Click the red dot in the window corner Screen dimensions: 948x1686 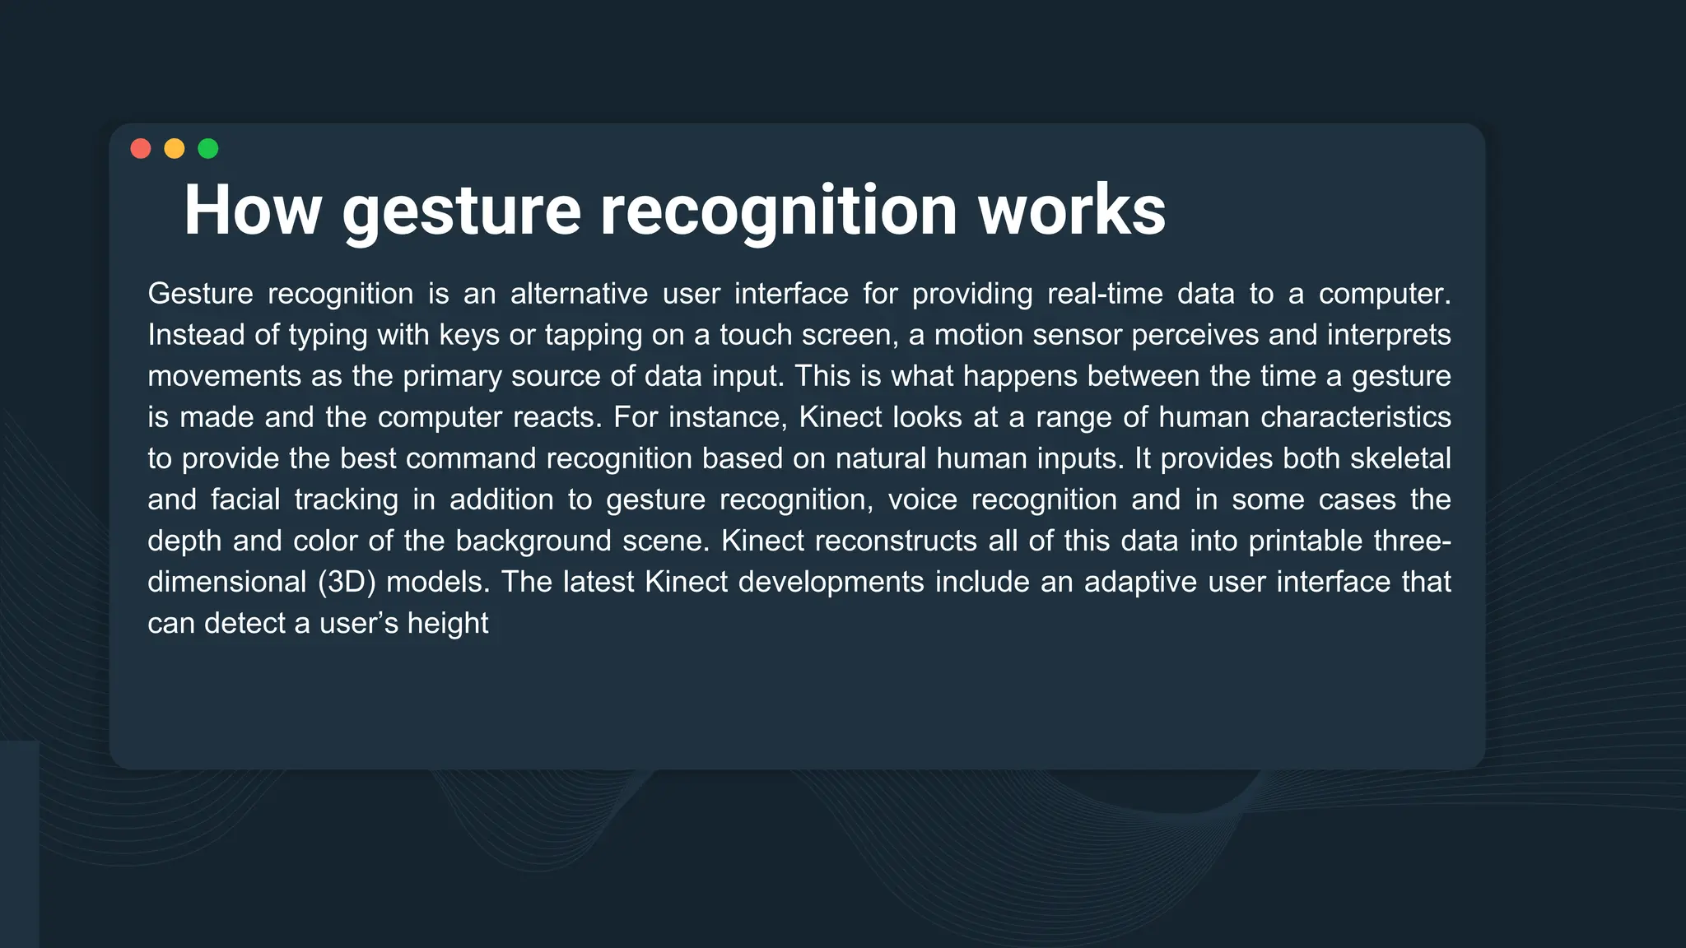(141, 148)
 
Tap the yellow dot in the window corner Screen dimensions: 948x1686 (175, 148)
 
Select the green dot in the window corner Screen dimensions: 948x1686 (208, 148)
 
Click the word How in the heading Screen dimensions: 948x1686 (252, 211)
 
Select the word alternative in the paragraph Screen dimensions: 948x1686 (579, 294)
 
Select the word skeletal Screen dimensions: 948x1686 (1400, 458)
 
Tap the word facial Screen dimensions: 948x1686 (245, 500)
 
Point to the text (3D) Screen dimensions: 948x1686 (347, 583)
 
